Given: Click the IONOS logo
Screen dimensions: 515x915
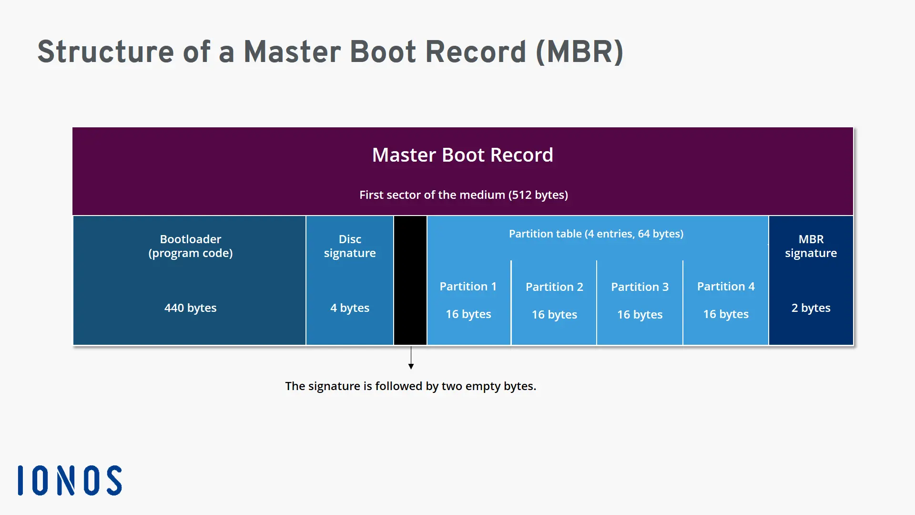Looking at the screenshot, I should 70,480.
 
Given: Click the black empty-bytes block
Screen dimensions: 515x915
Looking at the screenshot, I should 410,280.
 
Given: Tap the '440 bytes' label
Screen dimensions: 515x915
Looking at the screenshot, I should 190,308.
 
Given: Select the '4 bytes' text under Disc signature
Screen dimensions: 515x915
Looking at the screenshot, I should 350,308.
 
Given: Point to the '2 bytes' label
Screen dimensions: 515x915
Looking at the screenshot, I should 811,308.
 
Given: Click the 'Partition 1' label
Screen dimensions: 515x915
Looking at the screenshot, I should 468,287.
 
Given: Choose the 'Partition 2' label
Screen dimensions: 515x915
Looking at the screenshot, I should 554,287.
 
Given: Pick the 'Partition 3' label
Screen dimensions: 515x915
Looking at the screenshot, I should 640,287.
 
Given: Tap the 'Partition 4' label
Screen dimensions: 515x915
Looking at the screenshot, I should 726,287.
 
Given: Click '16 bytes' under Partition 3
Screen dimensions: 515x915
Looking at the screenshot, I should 640,315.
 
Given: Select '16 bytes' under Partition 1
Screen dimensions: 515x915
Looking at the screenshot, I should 468,314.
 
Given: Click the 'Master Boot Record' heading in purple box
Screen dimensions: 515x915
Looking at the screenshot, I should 462,155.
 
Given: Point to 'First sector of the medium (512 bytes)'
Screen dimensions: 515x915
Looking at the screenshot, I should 463,195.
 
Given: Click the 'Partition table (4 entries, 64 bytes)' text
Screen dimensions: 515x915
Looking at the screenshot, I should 596,234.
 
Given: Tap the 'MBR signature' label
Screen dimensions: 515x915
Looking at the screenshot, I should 811,246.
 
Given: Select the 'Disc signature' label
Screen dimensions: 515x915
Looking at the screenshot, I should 350,246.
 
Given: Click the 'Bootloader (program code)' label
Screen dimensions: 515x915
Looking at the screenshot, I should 190,246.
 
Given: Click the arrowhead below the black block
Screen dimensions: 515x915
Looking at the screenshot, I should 411,366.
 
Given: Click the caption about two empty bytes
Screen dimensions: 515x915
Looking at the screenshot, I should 410,386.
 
